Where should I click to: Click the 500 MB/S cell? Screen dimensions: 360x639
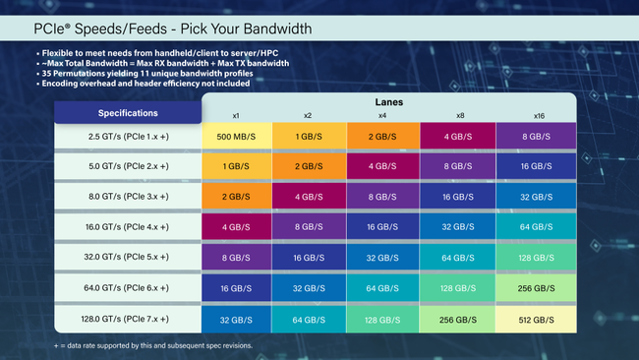tap(236, 137)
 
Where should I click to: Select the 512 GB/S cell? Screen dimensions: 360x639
tap(536, 320)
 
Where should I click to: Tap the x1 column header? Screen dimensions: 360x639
tap(236, 115)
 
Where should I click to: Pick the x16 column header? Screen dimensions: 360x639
tap(536, 115)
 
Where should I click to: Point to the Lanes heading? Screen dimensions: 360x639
tap(387, 100)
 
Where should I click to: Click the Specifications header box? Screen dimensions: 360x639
tap(128, 112)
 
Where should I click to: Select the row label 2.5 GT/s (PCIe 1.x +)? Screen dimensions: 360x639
tap(128, 137)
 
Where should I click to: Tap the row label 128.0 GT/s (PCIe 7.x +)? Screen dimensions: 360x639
tap(128, 320)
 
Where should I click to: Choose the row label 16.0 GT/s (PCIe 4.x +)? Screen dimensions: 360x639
tap(128, 228)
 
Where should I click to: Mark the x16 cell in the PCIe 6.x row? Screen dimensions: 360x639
tap(536, 289)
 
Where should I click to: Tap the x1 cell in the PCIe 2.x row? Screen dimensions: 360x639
tap(236, 167)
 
